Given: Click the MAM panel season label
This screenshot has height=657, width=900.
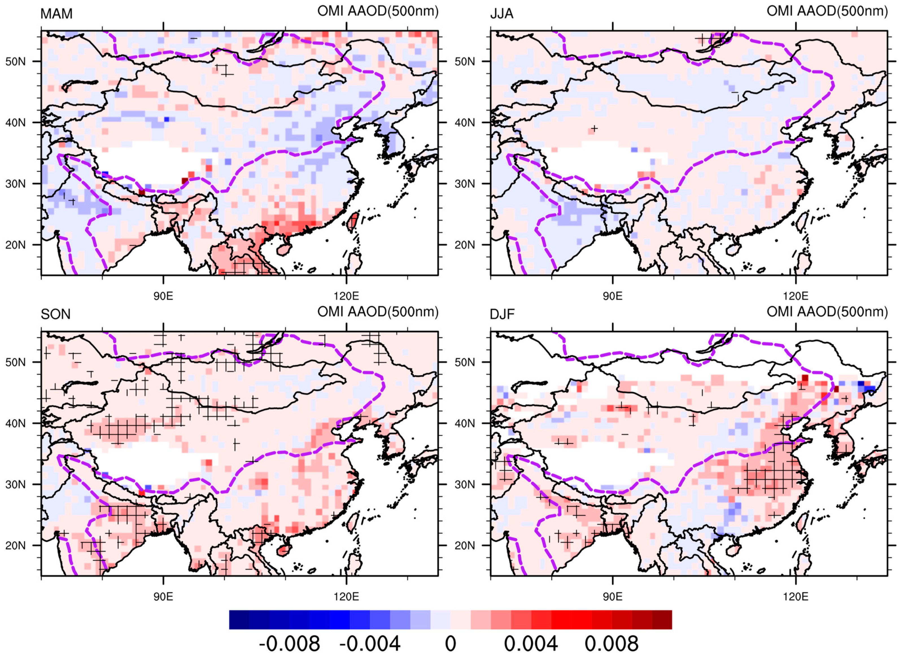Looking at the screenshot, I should click(x=56, y=14).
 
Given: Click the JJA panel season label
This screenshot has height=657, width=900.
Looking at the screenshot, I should click(x=502, y=14).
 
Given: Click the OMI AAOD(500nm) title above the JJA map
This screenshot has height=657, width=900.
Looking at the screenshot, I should click(x=827, y=11).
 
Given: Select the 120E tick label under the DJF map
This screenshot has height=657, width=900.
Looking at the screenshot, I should click(x=796, y=597).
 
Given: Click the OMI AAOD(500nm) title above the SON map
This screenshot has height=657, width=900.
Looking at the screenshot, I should click(x=378, y=312).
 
